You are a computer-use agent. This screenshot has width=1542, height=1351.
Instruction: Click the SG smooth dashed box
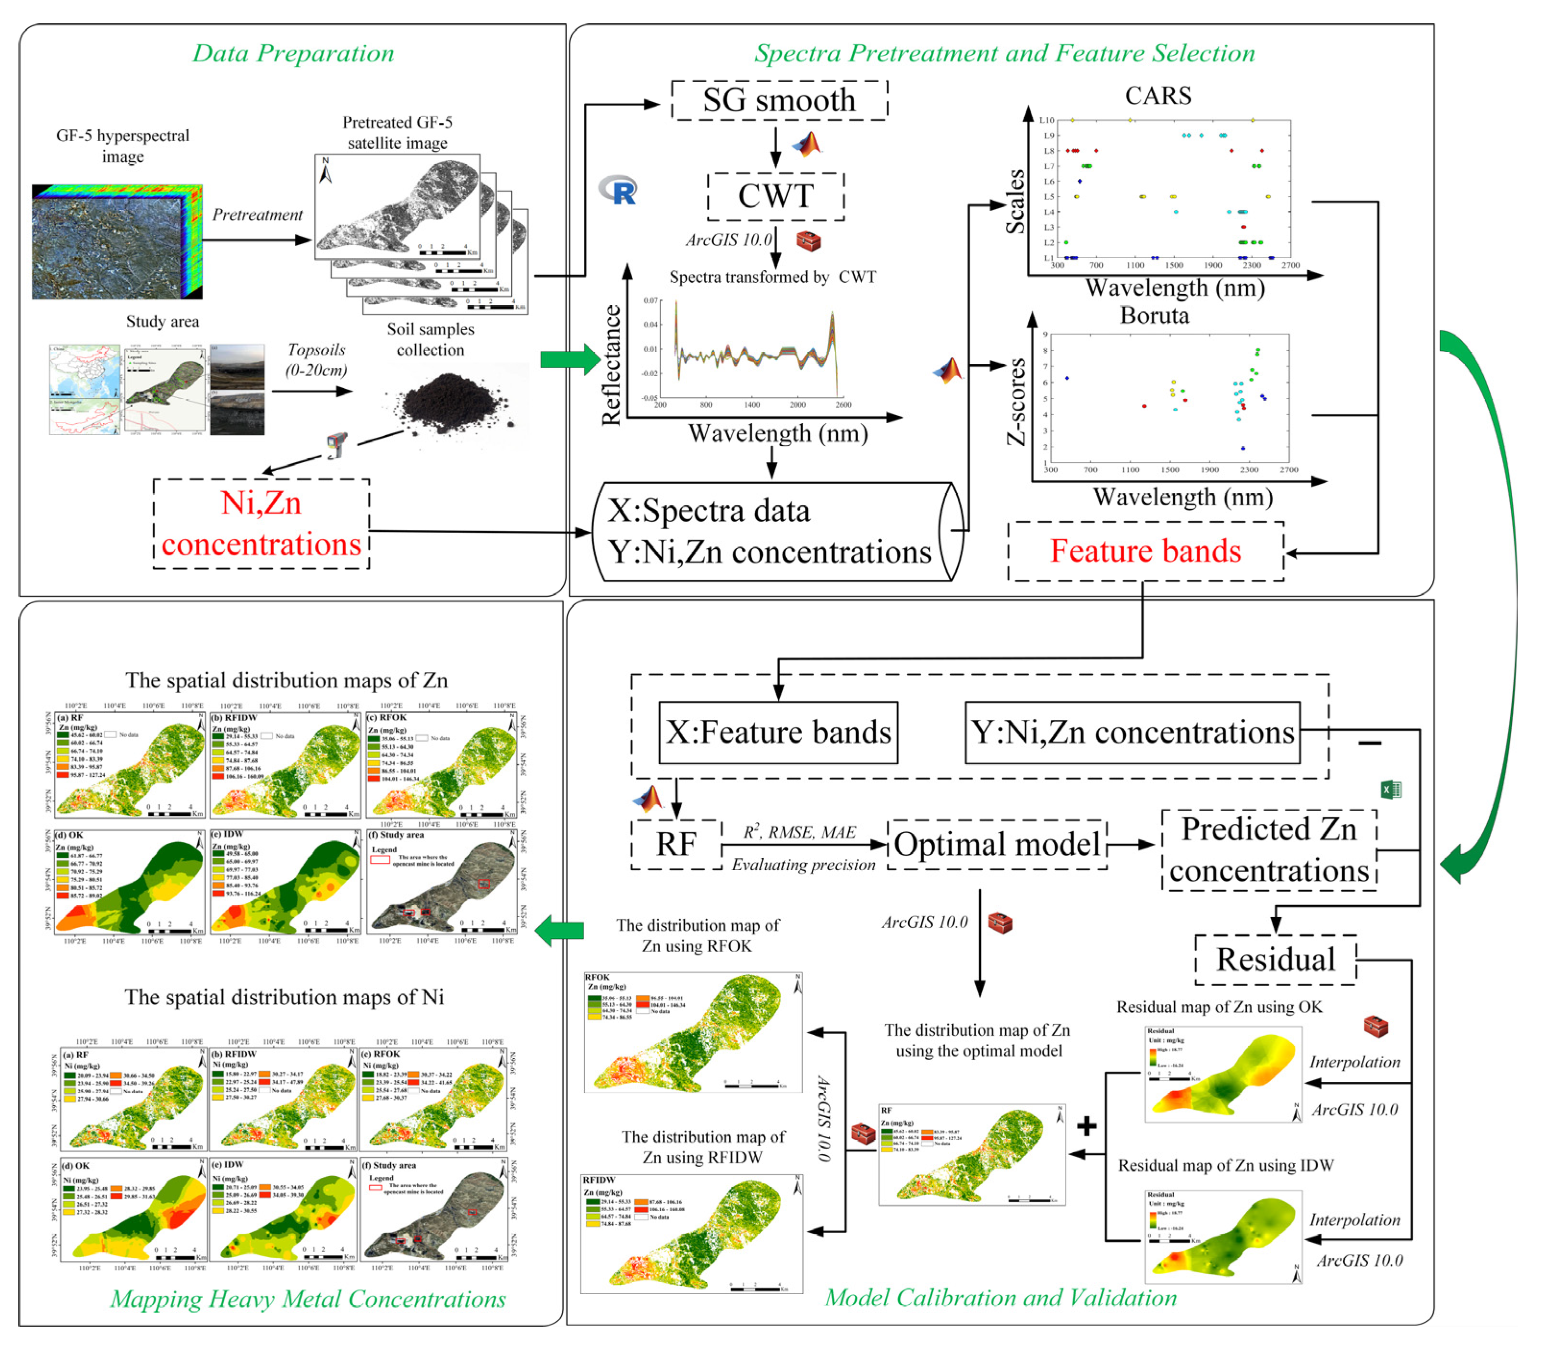[x=779, y=100]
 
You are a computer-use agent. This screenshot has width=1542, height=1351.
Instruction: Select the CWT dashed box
[x=775, y=196]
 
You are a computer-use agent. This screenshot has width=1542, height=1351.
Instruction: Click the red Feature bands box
[x=1144, y=551]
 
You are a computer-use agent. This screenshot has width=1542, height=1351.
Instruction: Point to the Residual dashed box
[x=1275, y=960]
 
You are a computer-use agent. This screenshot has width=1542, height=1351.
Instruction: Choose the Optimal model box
[x=996, y=844]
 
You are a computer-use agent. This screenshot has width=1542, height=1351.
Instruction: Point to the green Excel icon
[x=1390, y=789]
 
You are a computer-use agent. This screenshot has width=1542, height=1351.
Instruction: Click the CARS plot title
[x=1157, y=96]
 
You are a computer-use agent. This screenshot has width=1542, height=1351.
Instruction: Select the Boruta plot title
[x=1154, y=315]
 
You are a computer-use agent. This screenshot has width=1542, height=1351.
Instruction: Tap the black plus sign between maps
[x=1086, y=1126]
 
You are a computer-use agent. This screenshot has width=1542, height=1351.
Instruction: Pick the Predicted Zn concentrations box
[x=1269, y=849]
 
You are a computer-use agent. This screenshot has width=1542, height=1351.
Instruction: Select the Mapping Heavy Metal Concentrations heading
[x=308, y=1299]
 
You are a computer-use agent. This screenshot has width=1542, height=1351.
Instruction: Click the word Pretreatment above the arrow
[x=257, y=215]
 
